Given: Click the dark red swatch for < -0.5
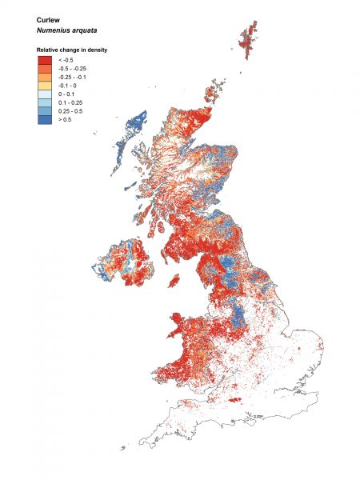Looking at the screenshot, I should pos(44,60).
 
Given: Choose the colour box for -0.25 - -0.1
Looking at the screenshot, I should pos(44,77).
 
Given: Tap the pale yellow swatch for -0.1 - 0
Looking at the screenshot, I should pos(44,85).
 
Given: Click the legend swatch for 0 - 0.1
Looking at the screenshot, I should pos(44,94).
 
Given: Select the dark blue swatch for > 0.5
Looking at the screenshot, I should pos(44,118).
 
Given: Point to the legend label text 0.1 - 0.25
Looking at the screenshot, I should pos(70,102).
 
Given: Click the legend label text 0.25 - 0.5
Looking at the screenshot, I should pos(70,110).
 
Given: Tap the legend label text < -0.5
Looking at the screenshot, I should pos(66,60).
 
